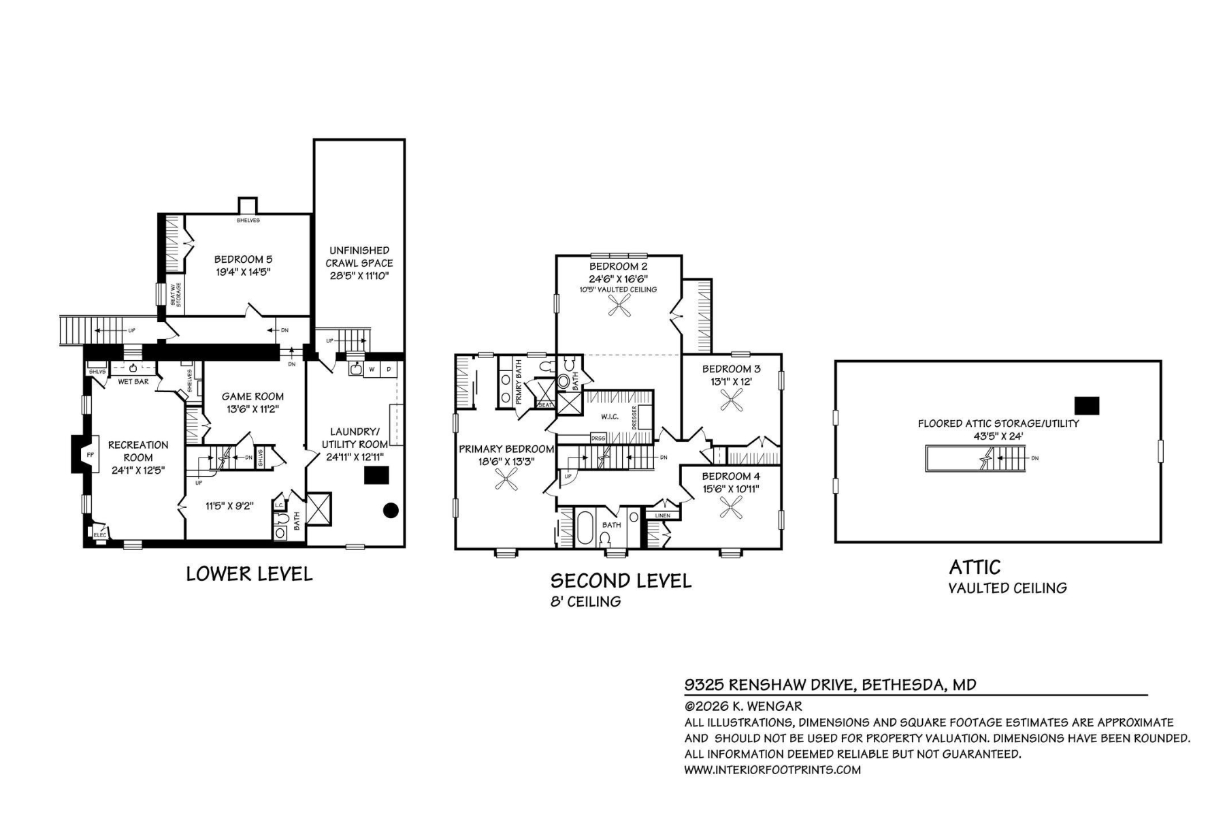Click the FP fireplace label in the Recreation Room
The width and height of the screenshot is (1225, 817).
(89, 454)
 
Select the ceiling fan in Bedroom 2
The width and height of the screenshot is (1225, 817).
(619, 308)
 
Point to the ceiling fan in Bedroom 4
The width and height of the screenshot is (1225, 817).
(732, 508)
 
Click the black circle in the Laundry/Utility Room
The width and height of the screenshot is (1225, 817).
(391, 510)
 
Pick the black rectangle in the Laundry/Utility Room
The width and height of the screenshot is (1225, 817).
(376, 475)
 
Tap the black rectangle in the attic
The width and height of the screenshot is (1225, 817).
(1086, 406)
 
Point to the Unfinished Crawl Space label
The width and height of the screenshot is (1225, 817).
(359, 263)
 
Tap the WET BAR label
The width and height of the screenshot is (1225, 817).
(133, 382)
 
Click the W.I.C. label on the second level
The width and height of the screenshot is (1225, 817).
(609, 417)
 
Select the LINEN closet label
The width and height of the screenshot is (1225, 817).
(662, 515)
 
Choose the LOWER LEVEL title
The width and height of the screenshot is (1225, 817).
(249, 574)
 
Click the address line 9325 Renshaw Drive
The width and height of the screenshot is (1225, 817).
(830, 684)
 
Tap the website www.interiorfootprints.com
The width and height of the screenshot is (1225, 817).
(772, 770)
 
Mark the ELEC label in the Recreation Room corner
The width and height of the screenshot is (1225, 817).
(99, 535)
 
